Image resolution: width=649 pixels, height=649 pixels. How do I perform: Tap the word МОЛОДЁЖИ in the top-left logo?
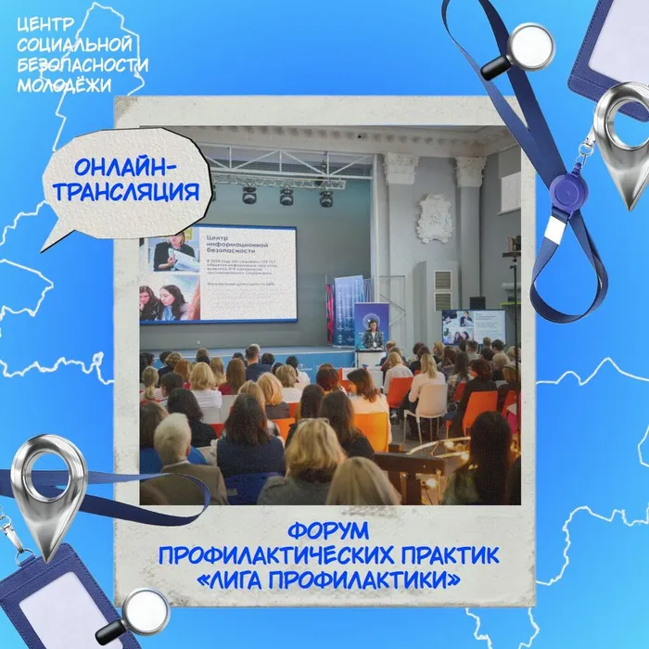point(54,82)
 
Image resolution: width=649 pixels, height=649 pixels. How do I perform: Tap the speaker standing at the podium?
point(373,334)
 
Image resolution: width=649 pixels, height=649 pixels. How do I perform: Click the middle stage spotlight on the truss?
point(286,196)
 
